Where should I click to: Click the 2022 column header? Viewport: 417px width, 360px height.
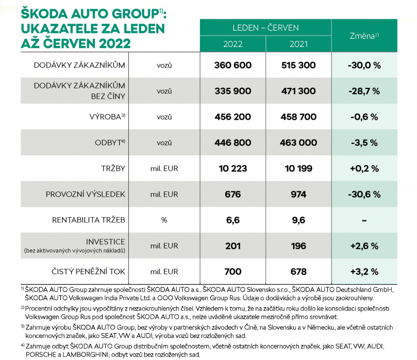[233, 44]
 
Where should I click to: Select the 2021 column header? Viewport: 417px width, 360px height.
[298, 44]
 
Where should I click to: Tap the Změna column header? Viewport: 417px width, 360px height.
[364, 36]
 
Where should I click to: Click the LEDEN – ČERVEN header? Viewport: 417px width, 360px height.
[266, 27]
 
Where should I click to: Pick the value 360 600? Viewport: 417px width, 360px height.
[233, 65]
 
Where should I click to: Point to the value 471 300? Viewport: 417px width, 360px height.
[298, 91]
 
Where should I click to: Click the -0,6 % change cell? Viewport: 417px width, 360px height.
[364, 117]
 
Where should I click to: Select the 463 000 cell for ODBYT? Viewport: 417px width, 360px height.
[298, 143]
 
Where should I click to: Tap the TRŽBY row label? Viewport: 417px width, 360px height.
[113, 169]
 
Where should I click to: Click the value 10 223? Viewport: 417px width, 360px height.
[233, 169]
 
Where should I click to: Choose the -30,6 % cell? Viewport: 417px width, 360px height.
[364, 194]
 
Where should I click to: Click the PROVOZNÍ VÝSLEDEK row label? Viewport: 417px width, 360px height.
[85, 194]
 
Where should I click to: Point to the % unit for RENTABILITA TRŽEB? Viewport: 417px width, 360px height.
[164, 220]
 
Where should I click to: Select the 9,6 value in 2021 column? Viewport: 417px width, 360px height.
[298, 220]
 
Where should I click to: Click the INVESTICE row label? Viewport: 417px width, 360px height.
[105, 241]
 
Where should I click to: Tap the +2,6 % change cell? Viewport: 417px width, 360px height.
[364, 246]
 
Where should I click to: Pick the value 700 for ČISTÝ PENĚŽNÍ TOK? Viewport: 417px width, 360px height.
[233, 272]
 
